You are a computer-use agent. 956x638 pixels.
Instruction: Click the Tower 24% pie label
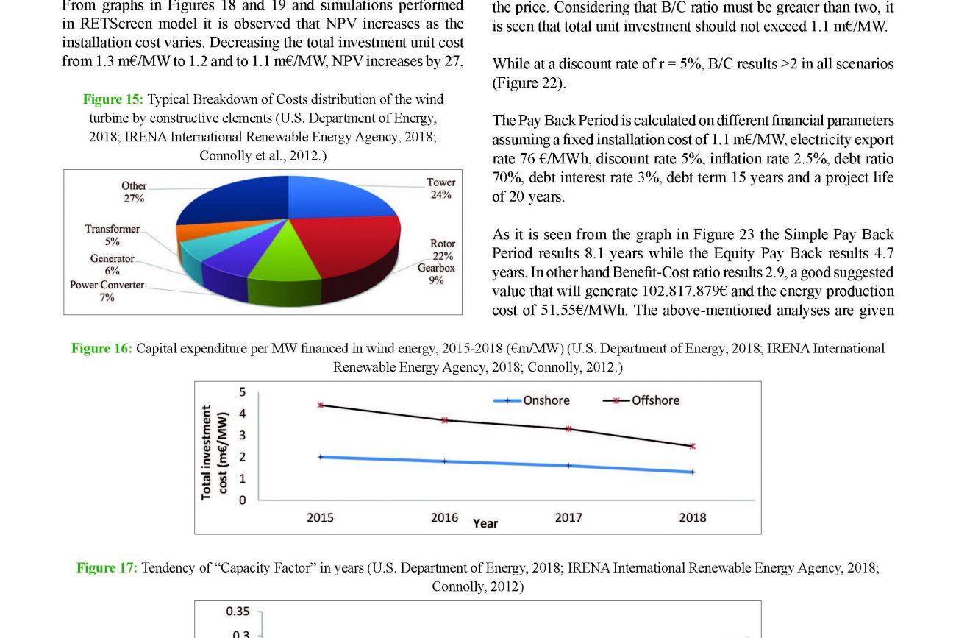(x=441, y=188)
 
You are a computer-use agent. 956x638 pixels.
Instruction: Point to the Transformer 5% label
(x=112, y=235)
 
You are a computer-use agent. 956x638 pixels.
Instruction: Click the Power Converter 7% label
(x=107, y=291)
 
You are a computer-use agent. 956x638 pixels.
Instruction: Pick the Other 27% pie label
(x=134, y=192)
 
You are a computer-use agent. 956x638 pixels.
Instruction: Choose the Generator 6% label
(x=113, y=265)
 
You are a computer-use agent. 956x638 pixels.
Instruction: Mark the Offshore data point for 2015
(x=321, y=405)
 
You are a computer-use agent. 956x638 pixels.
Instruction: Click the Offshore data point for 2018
(x=693, y=446)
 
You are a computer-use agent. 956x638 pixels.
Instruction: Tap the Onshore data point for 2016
(x=444, y=461)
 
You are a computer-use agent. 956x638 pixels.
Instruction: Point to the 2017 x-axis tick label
(x=568, y=518)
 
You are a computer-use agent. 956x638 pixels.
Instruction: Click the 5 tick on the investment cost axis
(x=242, y=392)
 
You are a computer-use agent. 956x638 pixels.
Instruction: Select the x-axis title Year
(x=485, y=523)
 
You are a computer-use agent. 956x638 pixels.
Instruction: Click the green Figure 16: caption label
(x=101, y=348)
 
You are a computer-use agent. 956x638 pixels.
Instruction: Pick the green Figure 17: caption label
(x=107, y=567)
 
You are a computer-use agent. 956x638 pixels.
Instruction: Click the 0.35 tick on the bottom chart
(x=238, y=611)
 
